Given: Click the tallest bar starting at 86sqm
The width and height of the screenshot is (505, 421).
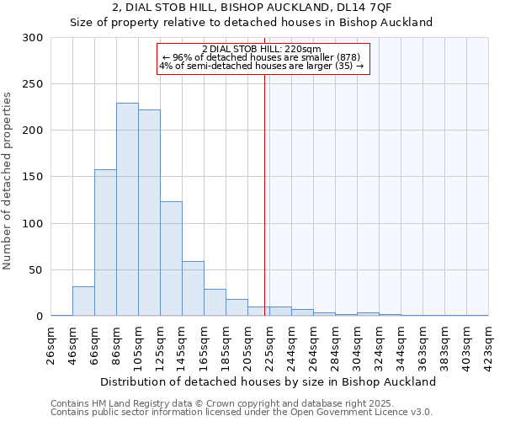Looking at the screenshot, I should (x=127, y=210).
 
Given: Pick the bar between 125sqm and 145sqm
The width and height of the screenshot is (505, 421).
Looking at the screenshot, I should (x=171, y=258).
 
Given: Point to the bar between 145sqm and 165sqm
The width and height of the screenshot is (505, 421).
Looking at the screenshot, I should (x=193, y=289).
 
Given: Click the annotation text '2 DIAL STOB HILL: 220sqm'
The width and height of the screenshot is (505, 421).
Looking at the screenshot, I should (x=262, y=49).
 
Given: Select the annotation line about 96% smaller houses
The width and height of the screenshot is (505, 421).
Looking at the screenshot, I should (x=262, y=56).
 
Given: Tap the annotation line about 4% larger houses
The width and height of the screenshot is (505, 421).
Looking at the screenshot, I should (x=262, y=65).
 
